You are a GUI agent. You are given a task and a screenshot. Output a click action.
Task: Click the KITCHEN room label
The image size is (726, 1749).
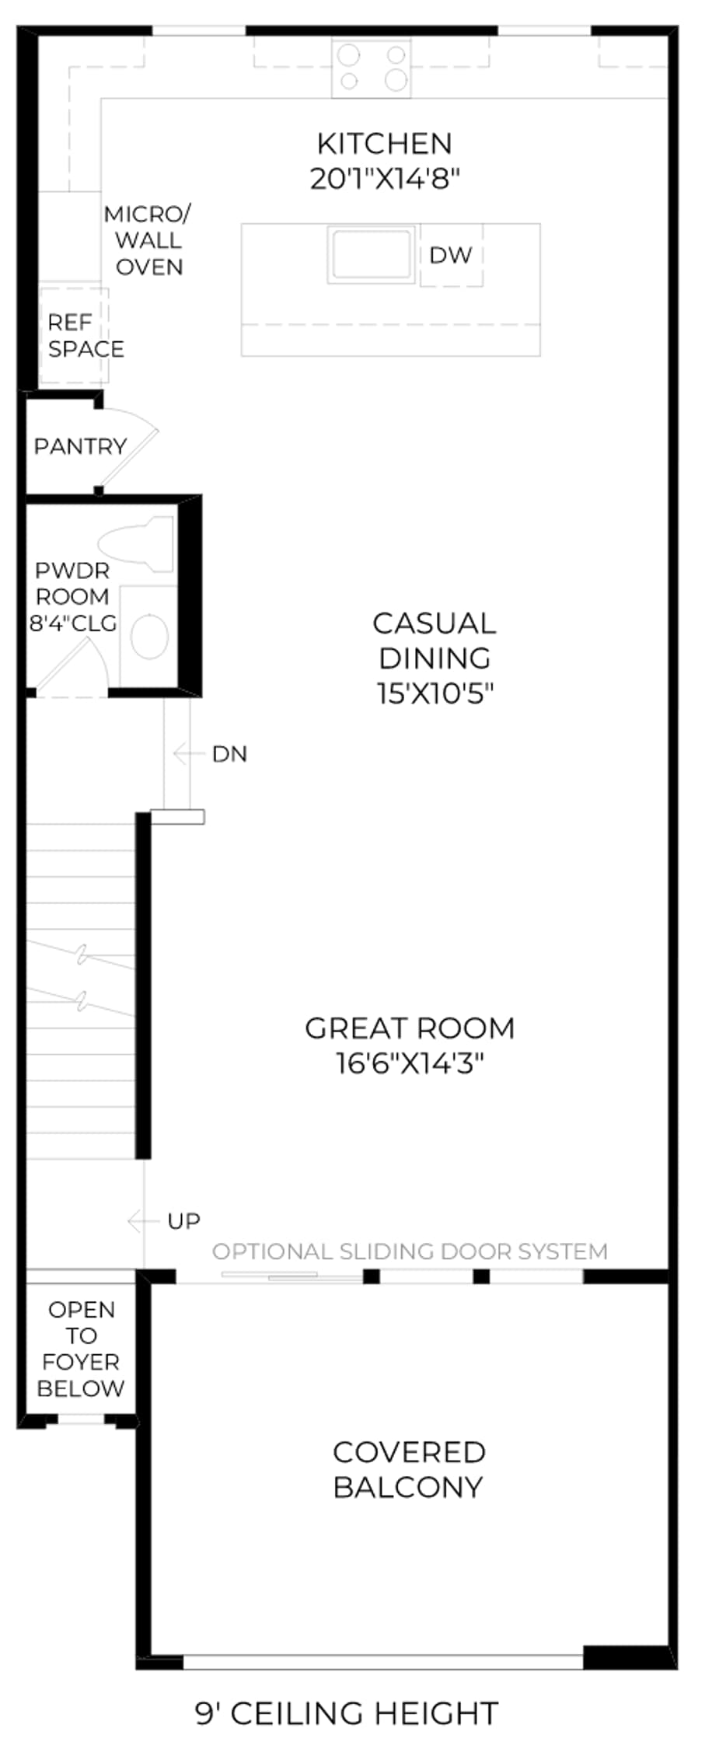tap(384, 144)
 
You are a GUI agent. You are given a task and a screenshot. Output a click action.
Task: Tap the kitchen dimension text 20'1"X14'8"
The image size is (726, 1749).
tap(385, 179)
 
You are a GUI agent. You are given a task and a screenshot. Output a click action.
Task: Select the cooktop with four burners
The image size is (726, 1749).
tap(372, 68)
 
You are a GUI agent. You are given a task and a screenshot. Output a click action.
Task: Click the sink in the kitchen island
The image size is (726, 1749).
tap(370, 254)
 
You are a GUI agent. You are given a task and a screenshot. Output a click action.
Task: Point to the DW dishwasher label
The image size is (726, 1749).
tap(451, 255)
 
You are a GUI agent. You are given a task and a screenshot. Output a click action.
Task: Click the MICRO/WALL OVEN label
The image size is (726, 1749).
tap(148, 240)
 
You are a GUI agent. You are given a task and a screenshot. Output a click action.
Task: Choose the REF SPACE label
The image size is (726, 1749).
tap(86, 335)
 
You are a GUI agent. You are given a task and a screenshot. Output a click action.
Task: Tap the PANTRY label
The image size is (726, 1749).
tap(80, 446)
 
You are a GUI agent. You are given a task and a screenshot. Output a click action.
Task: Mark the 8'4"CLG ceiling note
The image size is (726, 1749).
tap(73, 623)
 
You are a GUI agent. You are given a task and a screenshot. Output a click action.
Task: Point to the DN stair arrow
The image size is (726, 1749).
tap(192, 753)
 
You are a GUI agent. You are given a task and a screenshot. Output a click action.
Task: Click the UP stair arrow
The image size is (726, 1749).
tap(145, 1221)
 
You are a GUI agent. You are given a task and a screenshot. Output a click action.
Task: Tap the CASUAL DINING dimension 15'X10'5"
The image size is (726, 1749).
tap(435, 693)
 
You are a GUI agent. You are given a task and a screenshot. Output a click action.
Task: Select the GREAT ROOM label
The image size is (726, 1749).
tap(410, 1028)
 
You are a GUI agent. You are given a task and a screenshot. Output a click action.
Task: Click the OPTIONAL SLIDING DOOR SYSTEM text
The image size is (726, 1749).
tap(410, 1252)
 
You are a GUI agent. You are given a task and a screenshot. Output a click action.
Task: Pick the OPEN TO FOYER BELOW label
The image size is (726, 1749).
tap(81, 1349)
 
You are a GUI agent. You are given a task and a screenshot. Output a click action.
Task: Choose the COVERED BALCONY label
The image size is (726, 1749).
tap(408, 1469)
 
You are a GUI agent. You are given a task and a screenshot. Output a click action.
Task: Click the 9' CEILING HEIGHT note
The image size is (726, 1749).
tap(347, 1713)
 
